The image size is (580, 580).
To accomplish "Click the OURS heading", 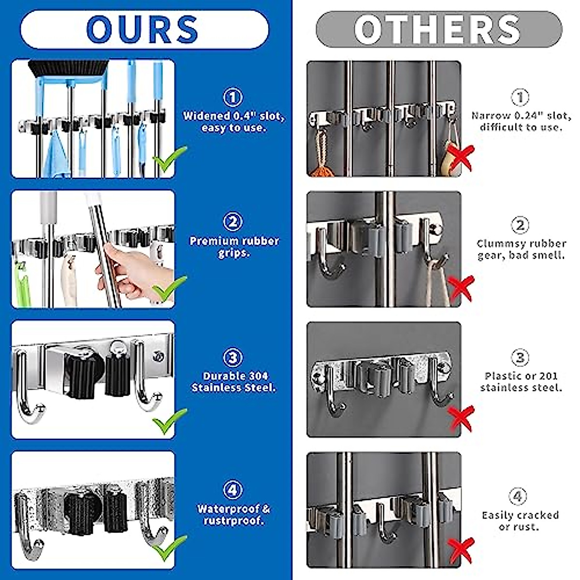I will coord(143,29).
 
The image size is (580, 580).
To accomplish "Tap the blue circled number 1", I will coord(232,98).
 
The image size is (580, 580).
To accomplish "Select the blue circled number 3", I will coord(233,358).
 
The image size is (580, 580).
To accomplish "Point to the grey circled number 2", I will coord(520,225).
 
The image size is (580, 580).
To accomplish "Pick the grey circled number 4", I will coord(518,496).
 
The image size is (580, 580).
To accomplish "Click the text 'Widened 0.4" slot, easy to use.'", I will coord(233,122).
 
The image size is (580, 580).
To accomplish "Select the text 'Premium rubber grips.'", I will coord(234,246).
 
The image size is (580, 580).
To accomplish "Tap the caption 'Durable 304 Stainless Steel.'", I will coord(233,382).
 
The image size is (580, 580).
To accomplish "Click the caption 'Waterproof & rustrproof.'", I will coord(233,515).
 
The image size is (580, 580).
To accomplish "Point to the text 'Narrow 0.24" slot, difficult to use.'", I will coord(521,121).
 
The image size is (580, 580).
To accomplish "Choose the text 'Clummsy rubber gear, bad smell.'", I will coord(521,249).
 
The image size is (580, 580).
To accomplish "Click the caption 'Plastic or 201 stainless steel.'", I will coord(521,381).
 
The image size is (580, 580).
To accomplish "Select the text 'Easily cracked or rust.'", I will coord(520,521).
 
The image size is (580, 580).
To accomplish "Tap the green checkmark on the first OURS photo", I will coord(169,159).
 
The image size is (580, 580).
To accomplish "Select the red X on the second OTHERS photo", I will coord(461,289).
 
